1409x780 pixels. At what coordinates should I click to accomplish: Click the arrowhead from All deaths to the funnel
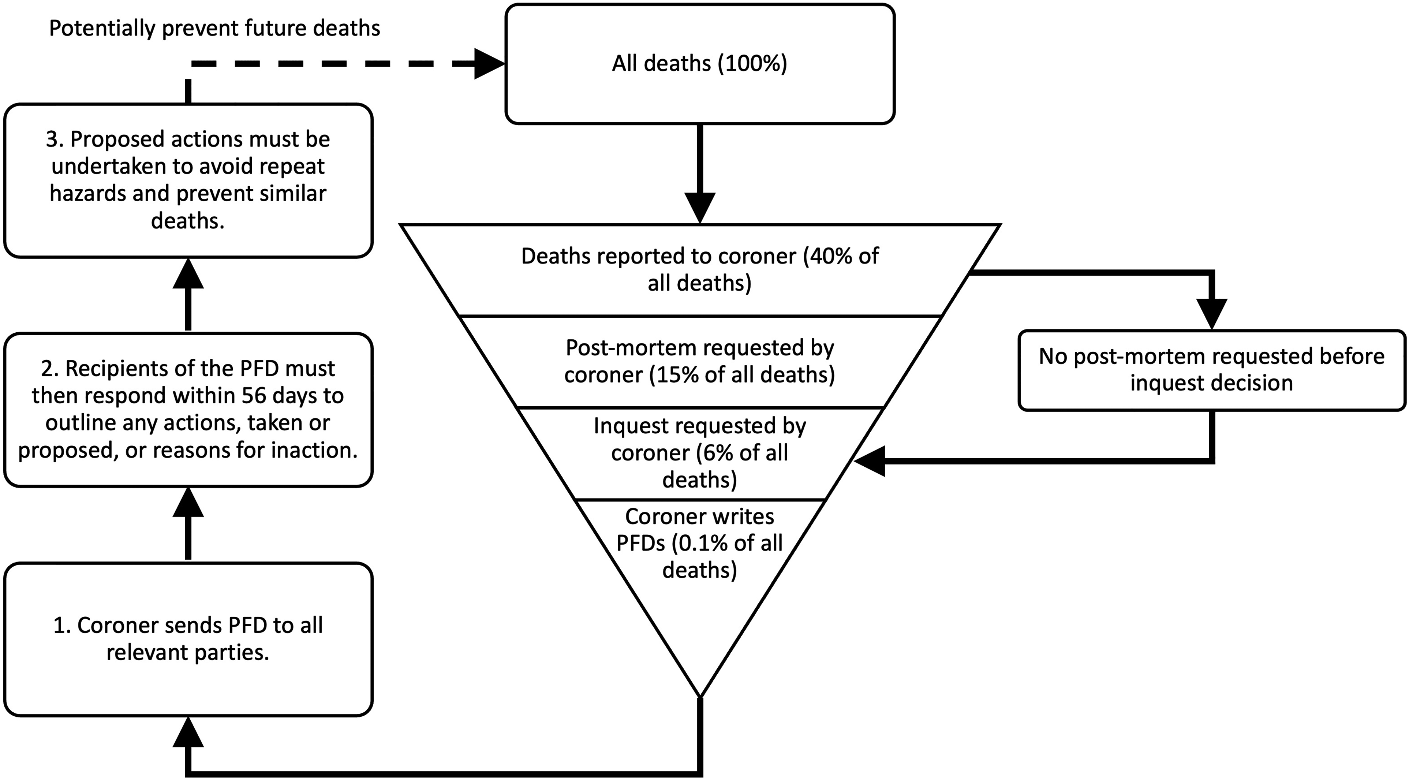(x=700, y=208)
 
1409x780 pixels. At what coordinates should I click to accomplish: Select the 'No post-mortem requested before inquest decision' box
(x=1211, y=370)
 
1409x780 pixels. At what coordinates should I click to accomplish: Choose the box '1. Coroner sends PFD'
(x=188, y=639)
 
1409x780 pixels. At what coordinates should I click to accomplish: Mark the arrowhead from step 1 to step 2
(x=188, y=502)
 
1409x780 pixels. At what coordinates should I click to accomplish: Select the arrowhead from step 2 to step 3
(x=188, y=273)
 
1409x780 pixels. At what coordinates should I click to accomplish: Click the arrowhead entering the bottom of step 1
(x=188, y=732)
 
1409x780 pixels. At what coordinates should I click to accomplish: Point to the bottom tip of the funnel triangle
(x=700, y=697)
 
